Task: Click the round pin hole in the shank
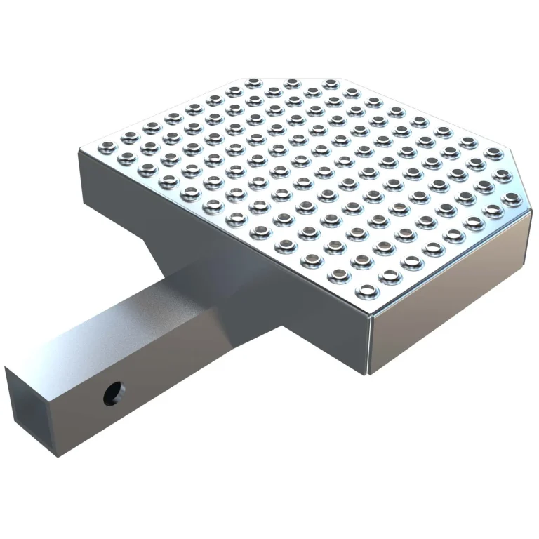pyautogui.click(x=113, y=394)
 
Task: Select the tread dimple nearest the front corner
pyautogui.click(x=366, y=290)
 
